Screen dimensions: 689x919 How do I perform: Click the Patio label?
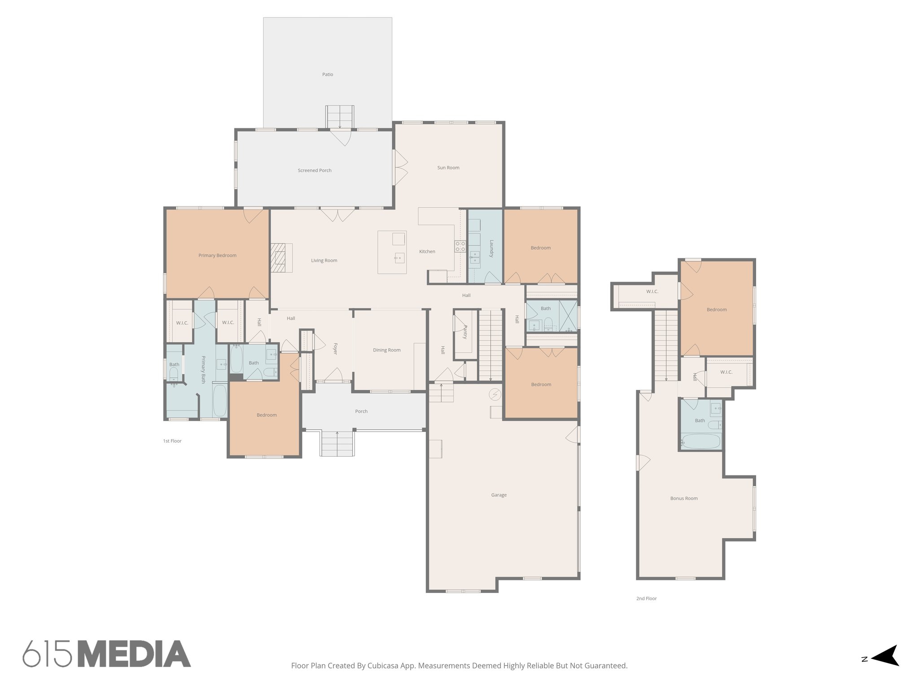(328, 74)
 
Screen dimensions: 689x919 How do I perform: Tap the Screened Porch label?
(315, 170)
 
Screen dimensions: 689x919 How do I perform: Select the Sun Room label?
(448, 168)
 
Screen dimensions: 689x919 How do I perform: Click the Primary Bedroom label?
(217, 256)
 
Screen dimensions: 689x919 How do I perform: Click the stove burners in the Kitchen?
(460, 245)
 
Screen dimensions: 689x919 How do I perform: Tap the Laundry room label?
(491, 249)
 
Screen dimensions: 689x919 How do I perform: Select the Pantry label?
(465, 332)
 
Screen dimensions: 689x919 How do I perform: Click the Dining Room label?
(386, 350)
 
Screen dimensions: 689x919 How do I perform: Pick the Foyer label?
(335, 349)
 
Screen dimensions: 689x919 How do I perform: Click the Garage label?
(499, 495)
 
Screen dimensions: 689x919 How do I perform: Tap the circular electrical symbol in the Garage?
(495, 394)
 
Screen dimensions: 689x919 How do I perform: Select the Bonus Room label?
(684, 498)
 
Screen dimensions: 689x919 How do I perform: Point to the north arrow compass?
(884, 668)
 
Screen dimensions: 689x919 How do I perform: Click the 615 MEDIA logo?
(107, 654)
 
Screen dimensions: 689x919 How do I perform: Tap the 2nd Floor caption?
(646, 598)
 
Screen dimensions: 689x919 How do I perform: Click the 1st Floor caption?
(172, 441)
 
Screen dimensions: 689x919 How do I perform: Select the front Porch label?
(361, 411)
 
